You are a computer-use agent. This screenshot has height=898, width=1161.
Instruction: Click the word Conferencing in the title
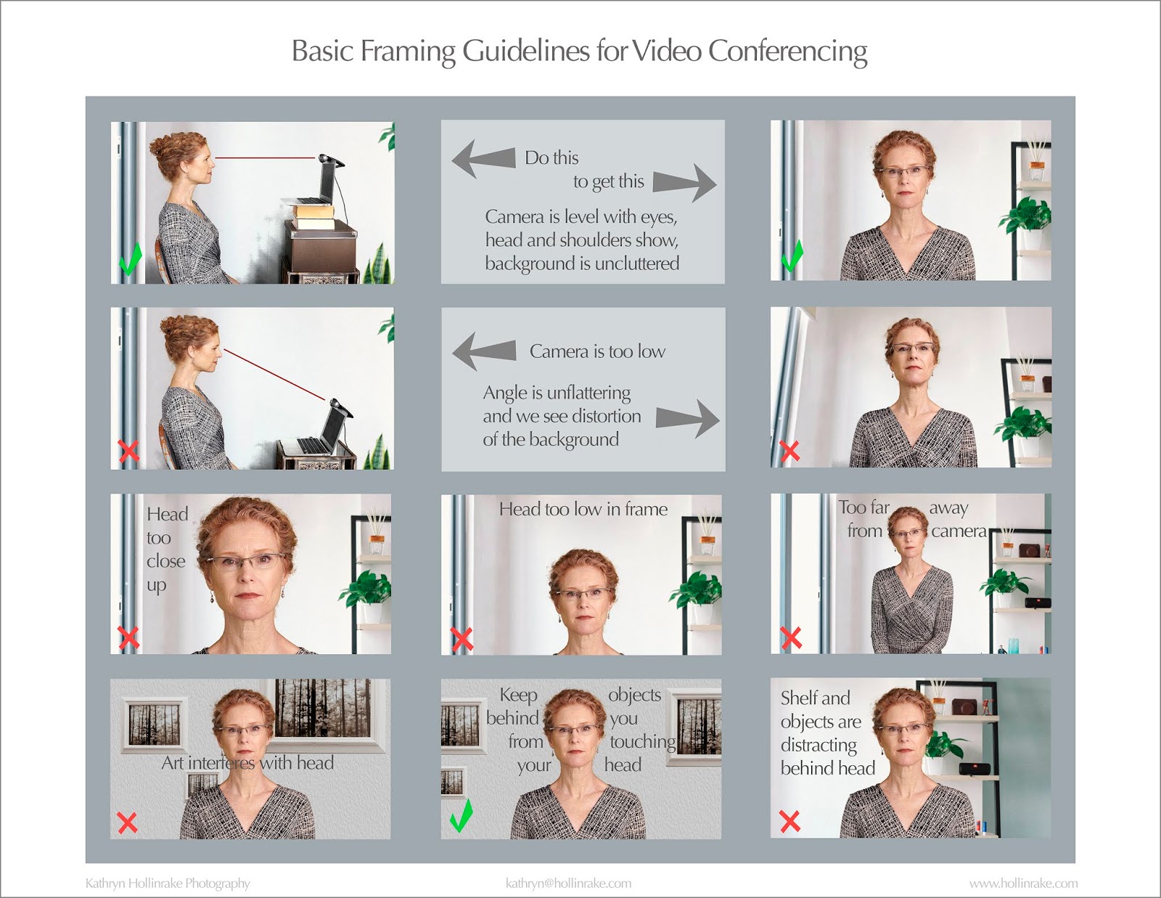(x=787, y=52)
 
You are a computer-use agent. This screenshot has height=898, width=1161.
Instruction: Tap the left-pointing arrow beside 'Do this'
(x=483, y=158)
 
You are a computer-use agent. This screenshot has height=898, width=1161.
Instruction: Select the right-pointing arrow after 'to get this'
(x=684, y=183)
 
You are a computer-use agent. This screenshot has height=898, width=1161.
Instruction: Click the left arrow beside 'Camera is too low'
(x=484, y=351)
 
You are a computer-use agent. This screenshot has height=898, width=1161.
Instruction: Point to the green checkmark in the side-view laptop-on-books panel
(x=131, y=259)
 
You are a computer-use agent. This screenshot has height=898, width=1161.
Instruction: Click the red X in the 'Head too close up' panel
(x=128, y=637)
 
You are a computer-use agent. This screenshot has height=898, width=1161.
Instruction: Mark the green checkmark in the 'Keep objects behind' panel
(x=461, y=815)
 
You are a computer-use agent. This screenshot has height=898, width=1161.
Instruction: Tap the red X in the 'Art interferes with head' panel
(x=127, y=823)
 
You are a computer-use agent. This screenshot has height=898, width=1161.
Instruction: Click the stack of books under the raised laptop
(x=314, y=216)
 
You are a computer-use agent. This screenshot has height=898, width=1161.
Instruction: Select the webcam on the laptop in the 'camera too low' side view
(x=340, y=407)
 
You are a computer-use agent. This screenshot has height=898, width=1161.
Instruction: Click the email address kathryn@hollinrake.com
(x=568, y=883)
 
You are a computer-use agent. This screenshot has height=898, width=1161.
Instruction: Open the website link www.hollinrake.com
(x=1023, y=883)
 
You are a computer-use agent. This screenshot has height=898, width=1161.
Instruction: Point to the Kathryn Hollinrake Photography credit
(x=168, y=883)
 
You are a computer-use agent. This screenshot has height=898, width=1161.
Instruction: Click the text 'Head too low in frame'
(x=583, y=509)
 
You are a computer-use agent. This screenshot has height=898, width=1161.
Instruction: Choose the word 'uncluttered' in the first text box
(x=637, y=263)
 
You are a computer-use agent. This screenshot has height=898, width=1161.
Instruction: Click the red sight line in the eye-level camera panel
(x=264, y=158)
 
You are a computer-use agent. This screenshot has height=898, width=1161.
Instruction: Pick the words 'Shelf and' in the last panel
(x=815, y=698)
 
